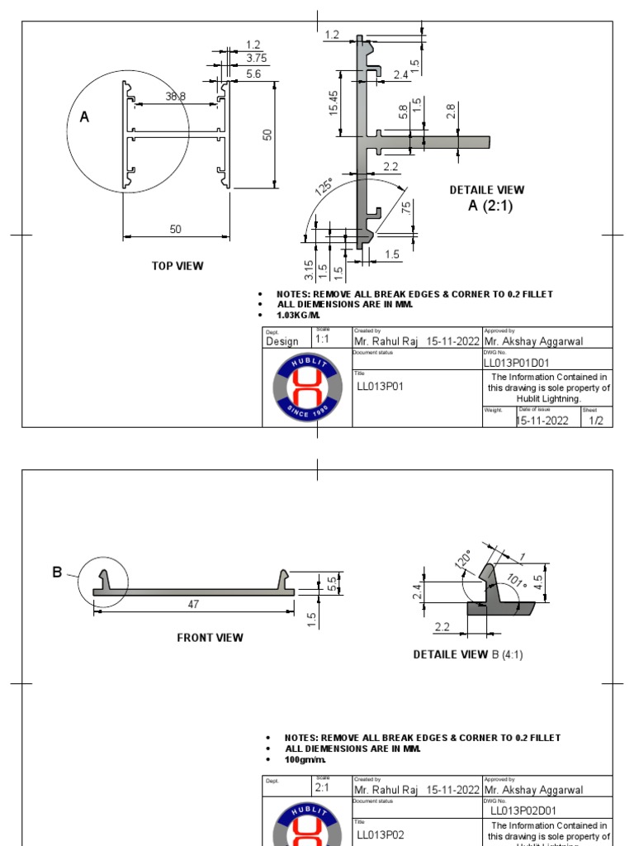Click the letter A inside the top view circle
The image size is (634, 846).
84,118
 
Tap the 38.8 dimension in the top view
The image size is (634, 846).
175,97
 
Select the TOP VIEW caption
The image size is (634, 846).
177,266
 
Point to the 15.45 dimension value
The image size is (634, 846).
334,103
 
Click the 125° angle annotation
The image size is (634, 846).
324,188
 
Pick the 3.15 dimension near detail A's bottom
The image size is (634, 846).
309,269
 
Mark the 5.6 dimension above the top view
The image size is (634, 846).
253,74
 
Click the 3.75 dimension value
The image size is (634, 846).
256,58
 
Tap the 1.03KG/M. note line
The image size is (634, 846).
298,316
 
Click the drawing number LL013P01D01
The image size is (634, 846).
516,363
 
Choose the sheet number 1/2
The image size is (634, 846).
596,421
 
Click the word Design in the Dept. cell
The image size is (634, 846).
282,341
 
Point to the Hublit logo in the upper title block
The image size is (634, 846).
307,387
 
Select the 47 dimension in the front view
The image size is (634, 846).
193,604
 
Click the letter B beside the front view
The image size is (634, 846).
58,571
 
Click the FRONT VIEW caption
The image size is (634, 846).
210,637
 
